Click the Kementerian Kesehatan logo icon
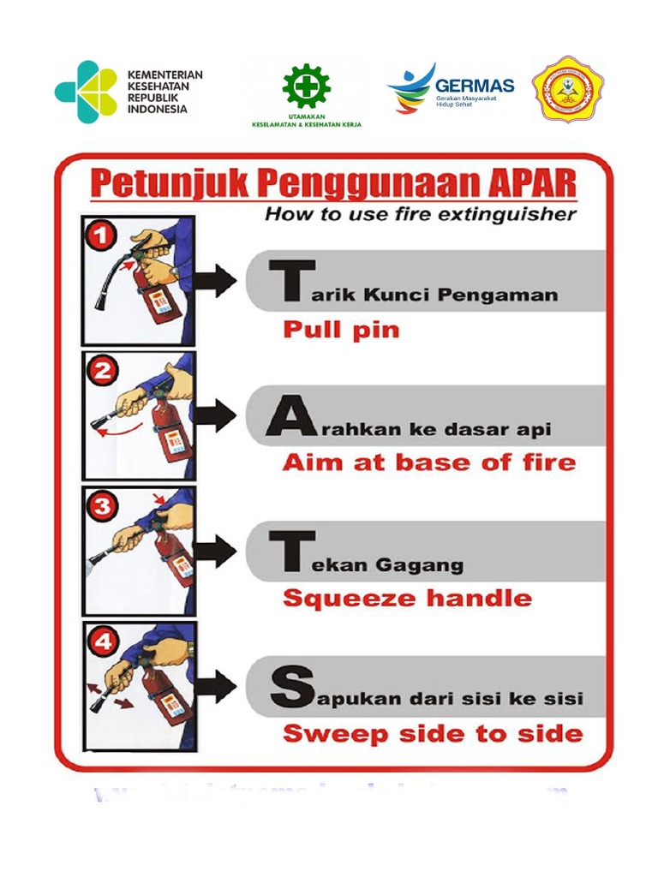point(86,92)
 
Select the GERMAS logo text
point(475,86)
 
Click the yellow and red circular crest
point(567,91)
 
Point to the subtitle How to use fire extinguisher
point(420,215)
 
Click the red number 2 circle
point(103,371)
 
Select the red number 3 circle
point(102,506)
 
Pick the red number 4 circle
point(102,641)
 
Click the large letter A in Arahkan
point(286,419)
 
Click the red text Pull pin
point(341,330)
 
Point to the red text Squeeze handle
point(407,598)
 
